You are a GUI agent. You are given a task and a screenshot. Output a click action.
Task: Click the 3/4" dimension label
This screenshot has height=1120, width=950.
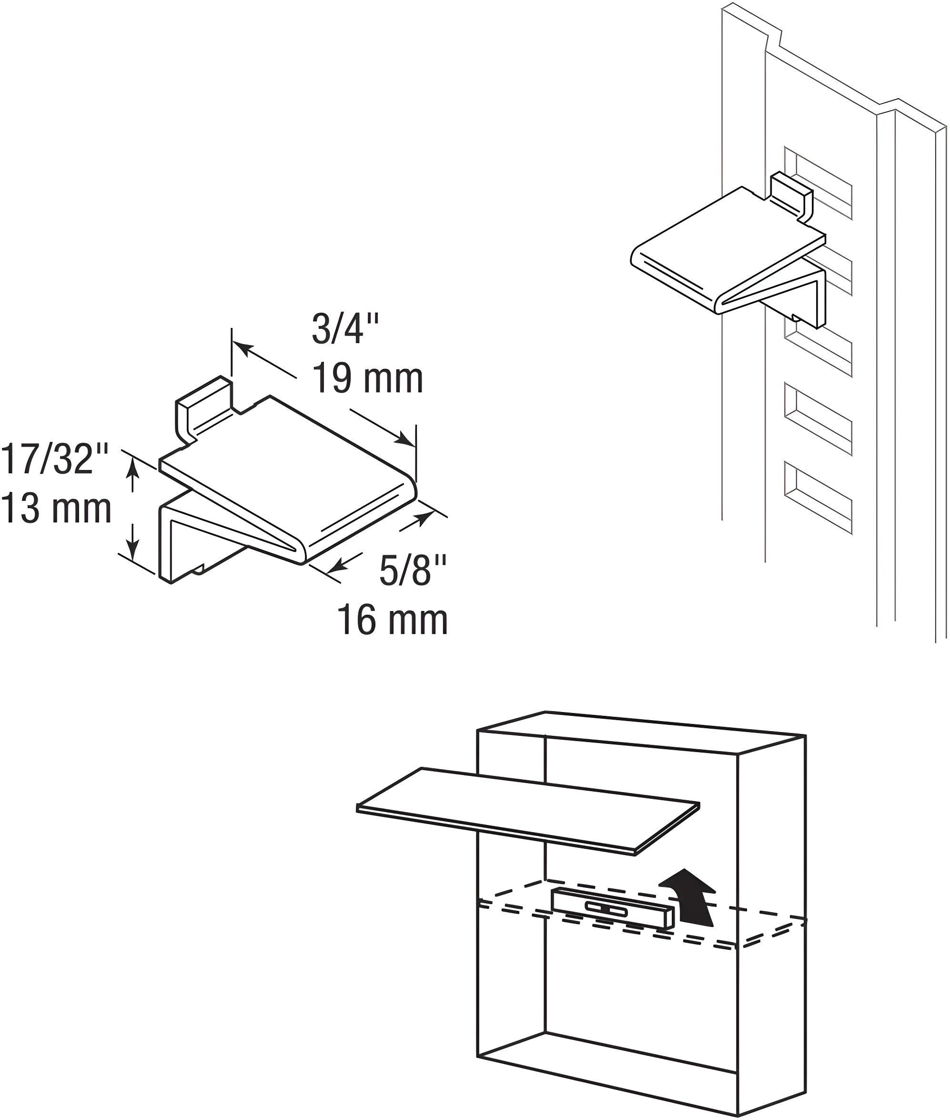[x=345, y=329]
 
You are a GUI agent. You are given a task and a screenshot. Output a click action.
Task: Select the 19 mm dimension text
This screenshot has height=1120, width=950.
[x=367, y=379]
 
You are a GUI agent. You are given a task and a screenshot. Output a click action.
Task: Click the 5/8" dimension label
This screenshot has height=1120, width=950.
[x=413, y=570]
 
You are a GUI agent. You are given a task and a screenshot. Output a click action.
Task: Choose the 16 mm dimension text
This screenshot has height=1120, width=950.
[x=393, y=621]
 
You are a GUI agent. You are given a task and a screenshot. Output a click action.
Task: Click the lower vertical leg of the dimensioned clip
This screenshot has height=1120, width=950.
[x=165, y=544]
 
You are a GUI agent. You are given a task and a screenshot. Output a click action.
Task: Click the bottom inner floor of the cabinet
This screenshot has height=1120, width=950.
[x=619, y=1056]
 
